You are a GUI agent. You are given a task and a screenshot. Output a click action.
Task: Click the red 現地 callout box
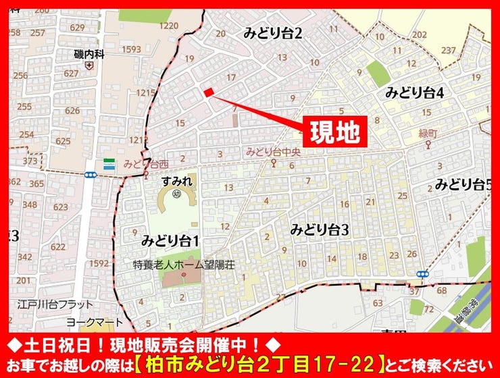coord(337,131)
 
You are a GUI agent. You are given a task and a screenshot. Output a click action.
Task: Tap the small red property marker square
coord(209,92)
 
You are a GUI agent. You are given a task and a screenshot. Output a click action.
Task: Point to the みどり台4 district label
coord(414,93)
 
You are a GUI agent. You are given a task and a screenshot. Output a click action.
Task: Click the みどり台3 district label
coord(320,230)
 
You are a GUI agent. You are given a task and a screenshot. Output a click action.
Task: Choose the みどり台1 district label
coord(170,240)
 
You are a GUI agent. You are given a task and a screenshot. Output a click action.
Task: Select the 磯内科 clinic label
coord(89,53)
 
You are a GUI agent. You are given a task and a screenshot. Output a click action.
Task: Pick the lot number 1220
coord(169,26)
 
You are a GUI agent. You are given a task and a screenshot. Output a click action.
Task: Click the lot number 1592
coord(99,263)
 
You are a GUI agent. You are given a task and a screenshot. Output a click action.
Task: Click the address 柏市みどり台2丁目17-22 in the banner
coord(267,365)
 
